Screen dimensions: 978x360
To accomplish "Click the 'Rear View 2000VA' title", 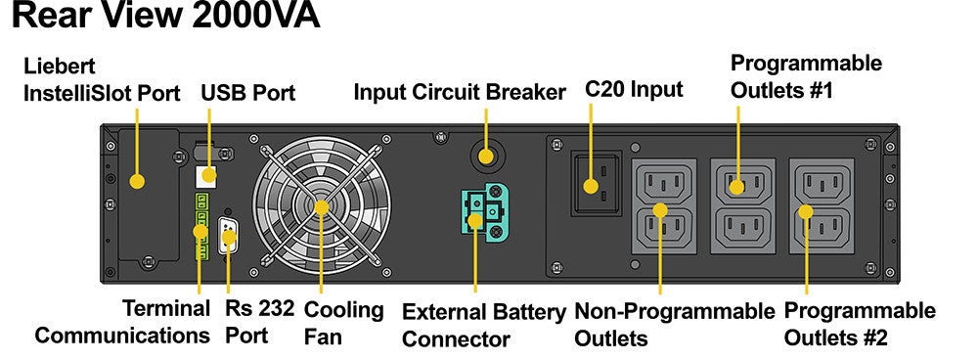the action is (x=166, y=17).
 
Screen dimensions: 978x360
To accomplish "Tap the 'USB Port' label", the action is (x=247, y=93).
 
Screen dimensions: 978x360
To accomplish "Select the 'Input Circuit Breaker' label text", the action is (x=460, y=92).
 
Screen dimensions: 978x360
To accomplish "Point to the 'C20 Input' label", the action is (x=634, y=89).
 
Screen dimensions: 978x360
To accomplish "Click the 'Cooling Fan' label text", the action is (x=343, y=323).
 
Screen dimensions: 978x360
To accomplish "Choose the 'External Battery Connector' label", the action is (x=484, y=326).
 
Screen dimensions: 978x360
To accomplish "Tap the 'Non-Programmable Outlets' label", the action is (x=674, y=325).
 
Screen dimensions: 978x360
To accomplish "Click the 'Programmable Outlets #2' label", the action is (x=860, y=324).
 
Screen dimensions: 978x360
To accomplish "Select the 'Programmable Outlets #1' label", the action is (x=807, y=76).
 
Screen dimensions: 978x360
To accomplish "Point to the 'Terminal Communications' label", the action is (x=122, y=322).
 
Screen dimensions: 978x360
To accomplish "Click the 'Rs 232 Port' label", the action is (x=259, y=322).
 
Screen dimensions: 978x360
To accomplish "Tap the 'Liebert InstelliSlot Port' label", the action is (x=102, y=80).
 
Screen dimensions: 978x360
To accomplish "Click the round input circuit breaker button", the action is (x=486, y=155).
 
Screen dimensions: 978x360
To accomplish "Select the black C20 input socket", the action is (x=597, y=183).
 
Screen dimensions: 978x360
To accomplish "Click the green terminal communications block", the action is (x=201, y=227).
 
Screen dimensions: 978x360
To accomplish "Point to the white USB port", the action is (x=205, y=176).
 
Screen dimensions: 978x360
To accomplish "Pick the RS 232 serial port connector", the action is (x=228, y=235).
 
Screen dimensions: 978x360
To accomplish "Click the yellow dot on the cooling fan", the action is (x=322, y=207).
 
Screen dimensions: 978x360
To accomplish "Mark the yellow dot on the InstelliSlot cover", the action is (x=137, y=182).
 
